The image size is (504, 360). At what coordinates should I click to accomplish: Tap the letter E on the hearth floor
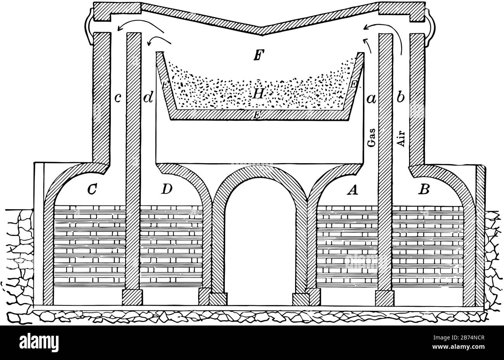(256, 115)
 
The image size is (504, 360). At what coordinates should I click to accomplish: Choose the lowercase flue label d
(148, 98)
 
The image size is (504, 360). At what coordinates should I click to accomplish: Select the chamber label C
(92, 189)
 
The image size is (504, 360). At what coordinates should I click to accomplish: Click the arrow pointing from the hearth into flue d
(159, 39)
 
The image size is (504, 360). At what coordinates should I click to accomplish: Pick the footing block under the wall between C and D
(132, 298)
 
